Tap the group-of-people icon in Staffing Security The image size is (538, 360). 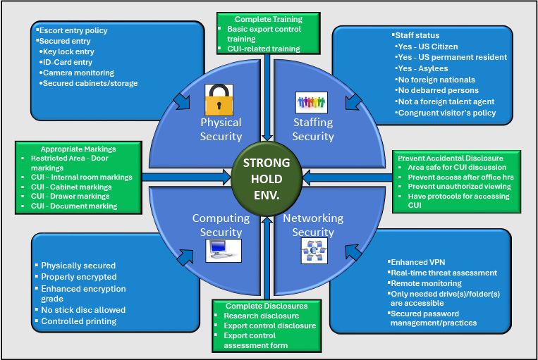click(x=311, y=103)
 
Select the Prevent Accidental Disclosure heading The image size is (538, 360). click(x=450, y=158)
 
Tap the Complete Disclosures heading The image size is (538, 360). click(x=266, y=306)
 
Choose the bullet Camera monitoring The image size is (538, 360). click(x=78, y=73)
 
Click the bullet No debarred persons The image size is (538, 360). click(x=438, y=91)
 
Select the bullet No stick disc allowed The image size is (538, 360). click(x=83, y=309)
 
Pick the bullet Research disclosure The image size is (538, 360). click(x=255, y=316)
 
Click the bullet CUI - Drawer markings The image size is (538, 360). click(x=71, y=197)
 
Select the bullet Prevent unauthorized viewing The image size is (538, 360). click(x=458, y=187)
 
